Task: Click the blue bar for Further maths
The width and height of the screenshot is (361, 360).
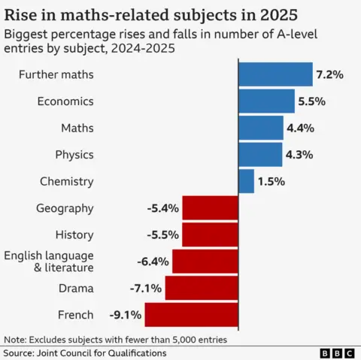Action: (x=275, y=74)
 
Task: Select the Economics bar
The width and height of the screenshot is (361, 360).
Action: (x=266, y=101)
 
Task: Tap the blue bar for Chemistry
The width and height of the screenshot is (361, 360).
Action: (x=246, y=181)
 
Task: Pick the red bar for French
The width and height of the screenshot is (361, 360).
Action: (x=191, y=315)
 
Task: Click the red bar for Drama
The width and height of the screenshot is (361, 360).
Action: (x=201, y=289)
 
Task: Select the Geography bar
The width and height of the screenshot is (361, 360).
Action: (x=210, y=208)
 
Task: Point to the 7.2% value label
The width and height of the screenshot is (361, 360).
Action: (x=329, y=74)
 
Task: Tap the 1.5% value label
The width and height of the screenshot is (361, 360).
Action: (x=272, y=181)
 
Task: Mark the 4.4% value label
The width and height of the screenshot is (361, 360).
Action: (x=300, y=128)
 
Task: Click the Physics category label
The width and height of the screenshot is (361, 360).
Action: (x=74, y=155)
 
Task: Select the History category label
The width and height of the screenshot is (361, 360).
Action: (x=74, y=235)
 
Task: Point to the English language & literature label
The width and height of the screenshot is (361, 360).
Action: (x=50, y=262)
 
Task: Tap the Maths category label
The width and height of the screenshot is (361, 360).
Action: (x=77, y=128)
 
